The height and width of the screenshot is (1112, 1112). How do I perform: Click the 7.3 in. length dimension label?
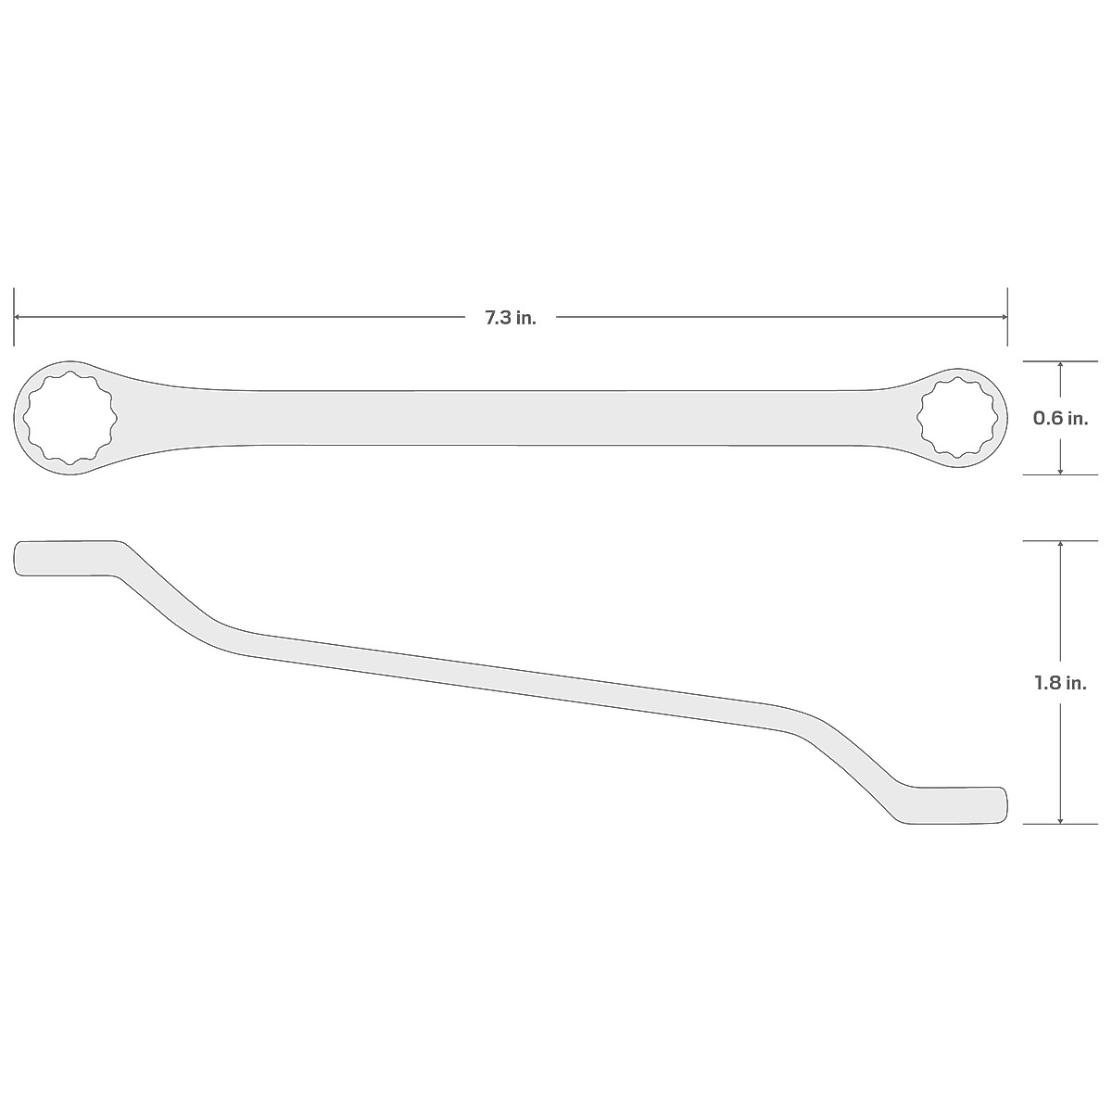coord(510,318)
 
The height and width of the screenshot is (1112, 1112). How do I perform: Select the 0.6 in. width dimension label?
coord(1061,419)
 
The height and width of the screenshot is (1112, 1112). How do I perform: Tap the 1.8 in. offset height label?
coord(1061,683)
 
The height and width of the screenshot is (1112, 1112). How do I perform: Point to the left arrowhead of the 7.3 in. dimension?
coord(19,317)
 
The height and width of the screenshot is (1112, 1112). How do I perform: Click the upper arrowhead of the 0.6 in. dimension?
coord(1061,366)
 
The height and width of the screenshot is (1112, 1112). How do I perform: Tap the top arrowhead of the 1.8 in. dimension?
coord(1061,546)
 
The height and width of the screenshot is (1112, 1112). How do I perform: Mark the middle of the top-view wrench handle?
coord(510,418)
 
